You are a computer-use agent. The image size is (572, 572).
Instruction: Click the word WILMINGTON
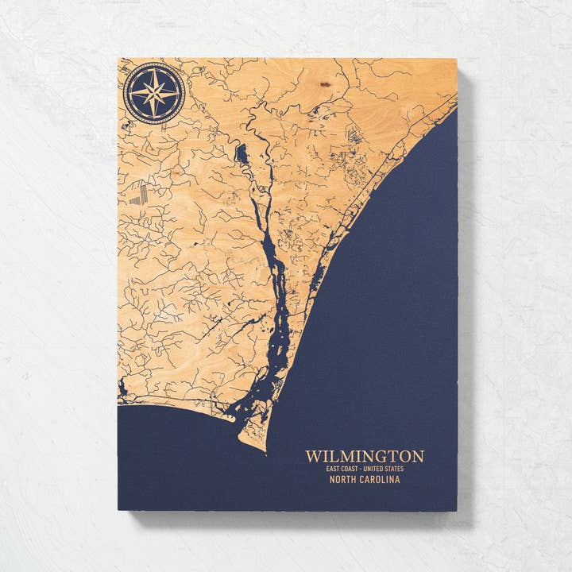(365, 456)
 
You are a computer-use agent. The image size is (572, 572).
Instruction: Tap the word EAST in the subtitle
(333, 469)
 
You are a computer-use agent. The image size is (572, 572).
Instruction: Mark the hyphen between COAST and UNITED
(365, 469)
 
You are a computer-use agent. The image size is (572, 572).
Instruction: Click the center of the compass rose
(154, 93)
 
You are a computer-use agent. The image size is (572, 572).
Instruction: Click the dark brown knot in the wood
(324, 83)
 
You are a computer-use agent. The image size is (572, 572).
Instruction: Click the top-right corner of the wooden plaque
(458, 58)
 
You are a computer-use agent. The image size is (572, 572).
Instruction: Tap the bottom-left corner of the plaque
(118, 509)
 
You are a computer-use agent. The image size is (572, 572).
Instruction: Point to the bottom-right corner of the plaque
(458, 509)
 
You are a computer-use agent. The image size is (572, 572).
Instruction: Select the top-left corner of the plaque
(118, 57)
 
